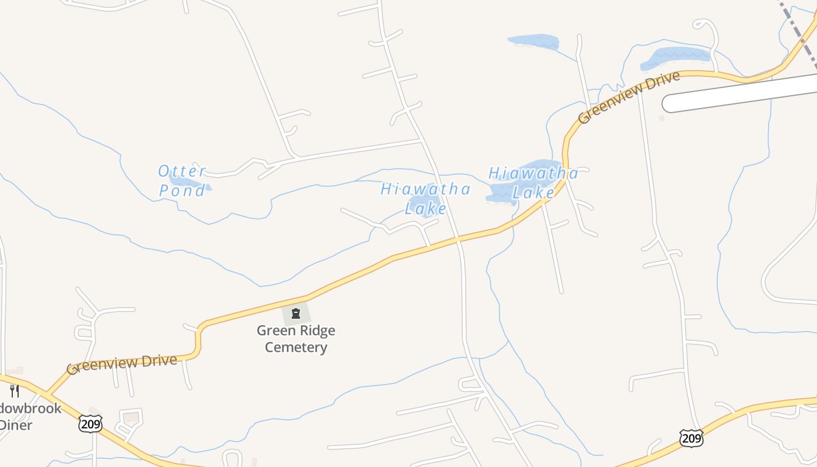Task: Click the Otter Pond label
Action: tap(182, 180)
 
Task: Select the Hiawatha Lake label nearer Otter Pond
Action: tap(425, 198)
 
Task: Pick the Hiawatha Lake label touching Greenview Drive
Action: tap(533, 182)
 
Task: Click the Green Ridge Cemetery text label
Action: tap(296, 339)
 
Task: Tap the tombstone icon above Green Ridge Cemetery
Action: tap(296, 314)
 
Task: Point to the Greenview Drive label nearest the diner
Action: tap(121, 364)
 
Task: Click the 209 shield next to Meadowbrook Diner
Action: tap(90, 424)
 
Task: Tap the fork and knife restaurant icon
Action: tap(15, 391)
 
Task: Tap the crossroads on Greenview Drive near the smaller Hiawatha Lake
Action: tap(458, 239)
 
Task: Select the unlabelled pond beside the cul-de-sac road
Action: tap(676, 57)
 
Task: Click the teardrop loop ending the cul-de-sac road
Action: tap(704, 26)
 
